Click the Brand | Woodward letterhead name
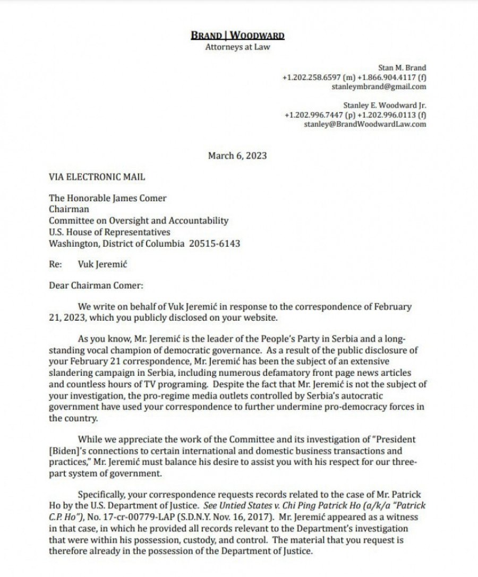(x=237, y=36)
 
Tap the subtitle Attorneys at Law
(x=237, y=47)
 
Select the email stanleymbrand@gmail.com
(x=379, y=87)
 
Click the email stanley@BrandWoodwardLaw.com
(x=365, y=124)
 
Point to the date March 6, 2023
(x=237, y=156)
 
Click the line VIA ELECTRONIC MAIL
(x=97, y=177)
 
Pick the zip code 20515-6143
(x=215, y=244)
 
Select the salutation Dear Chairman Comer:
(x=96, y=285)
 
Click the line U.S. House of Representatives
(x=109, y=232)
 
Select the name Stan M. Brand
(x=402, y=68)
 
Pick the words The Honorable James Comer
(x=107, y=198)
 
